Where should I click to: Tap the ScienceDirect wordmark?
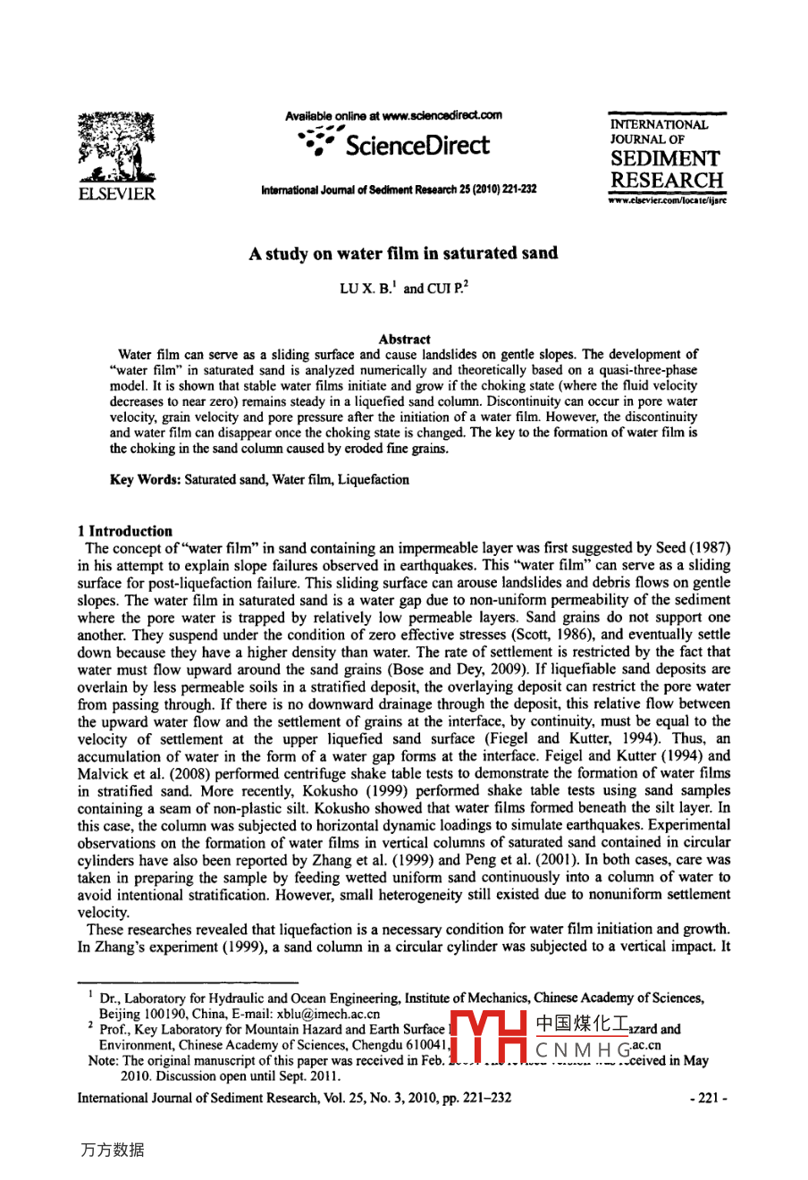coord(417,146)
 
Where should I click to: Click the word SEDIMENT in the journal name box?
coord(666,159)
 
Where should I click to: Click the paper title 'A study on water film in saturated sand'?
coord(403,253)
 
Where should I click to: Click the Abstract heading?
coord(404,339)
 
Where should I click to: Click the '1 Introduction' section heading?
coord(125,531)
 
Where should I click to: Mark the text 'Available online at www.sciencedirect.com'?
coord(393,115)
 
